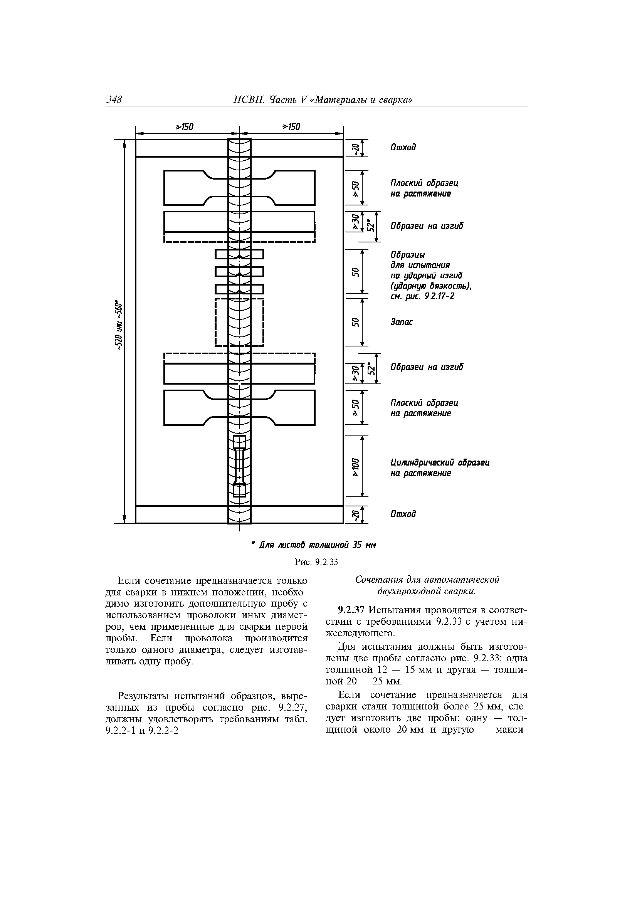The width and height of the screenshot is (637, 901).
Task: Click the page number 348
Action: point(114,100)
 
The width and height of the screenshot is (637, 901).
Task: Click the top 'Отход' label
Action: point(403,148)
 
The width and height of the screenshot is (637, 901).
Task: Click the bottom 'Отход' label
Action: point(403,514)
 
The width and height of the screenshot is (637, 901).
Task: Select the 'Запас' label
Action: point(402,322)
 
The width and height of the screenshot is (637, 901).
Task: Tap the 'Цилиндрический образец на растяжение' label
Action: point(440,468)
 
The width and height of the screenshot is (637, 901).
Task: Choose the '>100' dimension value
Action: point(355,467)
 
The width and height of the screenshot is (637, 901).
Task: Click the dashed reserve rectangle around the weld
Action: point(239,322)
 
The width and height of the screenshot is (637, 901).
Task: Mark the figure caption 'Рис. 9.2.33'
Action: point(316,562)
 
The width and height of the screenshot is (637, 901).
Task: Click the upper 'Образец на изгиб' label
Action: point(427,226)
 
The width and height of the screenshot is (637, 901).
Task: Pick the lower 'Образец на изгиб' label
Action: point(427,367)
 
